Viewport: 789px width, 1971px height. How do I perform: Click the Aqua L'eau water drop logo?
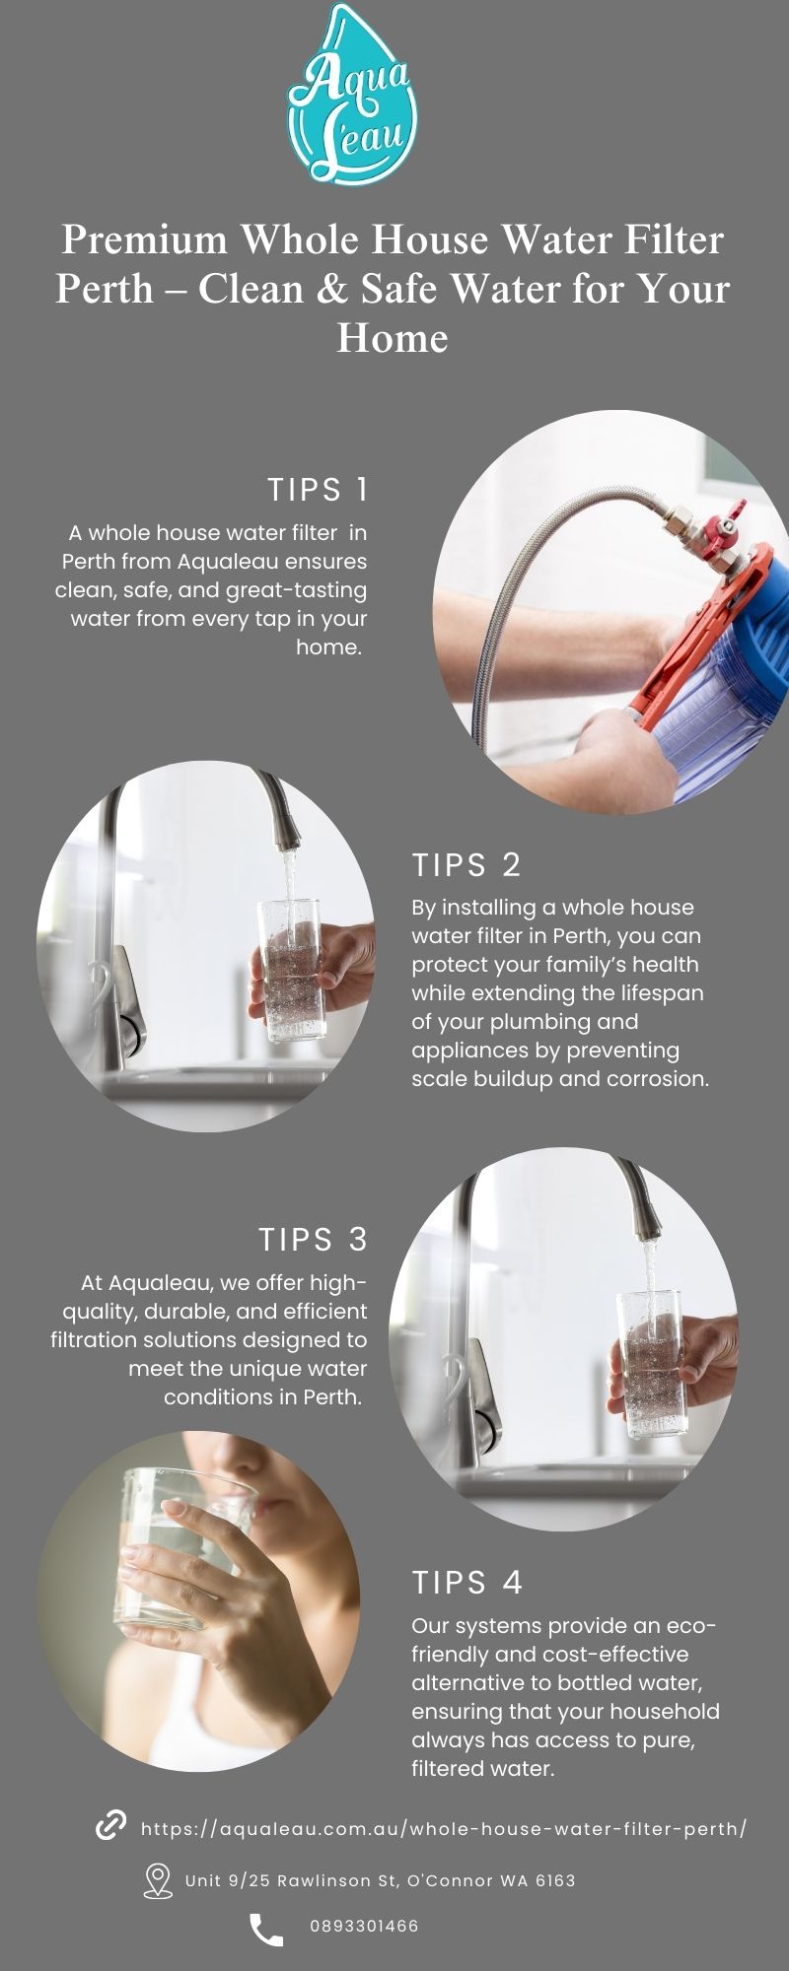(352, 94)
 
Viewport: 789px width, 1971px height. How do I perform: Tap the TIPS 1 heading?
(318, 490)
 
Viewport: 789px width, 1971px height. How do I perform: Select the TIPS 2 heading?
(466, 864)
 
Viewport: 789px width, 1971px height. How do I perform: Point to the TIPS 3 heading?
(314, 1239)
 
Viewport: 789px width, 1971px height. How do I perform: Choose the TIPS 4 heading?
(467, 1582)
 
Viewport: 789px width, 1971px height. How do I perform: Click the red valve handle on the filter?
(729, 521)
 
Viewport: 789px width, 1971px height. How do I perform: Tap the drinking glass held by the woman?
(178, 1547)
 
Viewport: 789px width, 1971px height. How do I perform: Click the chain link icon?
(110, 1825)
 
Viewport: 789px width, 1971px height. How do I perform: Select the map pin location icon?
(158, 1880)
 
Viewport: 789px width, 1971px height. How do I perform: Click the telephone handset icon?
(266, 1930)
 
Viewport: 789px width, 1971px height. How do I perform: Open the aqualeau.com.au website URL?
(444, 1829)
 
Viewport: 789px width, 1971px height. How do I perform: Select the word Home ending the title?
(393, 338)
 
